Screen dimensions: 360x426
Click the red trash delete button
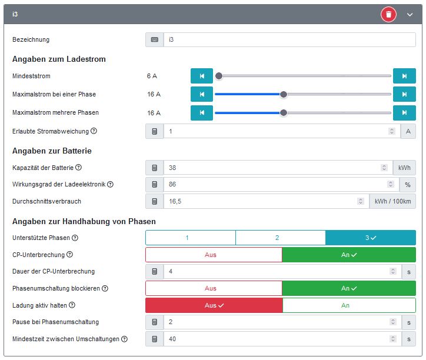click(388, 14)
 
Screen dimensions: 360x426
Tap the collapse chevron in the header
click(410, 14)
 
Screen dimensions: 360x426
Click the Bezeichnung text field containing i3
click(288, 40)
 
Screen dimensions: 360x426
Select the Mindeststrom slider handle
click(219, 76)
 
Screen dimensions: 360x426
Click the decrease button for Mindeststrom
click(202, 76)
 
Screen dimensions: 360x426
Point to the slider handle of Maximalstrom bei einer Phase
click(284, 94)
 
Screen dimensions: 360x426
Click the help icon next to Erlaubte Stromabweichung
click(94, 131)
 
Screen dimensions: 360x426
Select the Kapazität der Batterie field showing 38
click(274, 168)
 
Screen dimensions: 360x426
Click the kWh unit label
click(404, 168)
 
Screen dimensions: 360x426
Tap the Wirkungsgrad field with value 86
click(274, 185)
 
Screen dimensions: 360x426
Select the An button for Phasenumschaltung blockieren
click(349, 289)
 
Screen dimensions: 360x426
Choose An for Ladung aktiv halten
click(349, 305)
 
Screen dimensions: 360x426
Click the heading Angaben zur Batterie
click(52, 151)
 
